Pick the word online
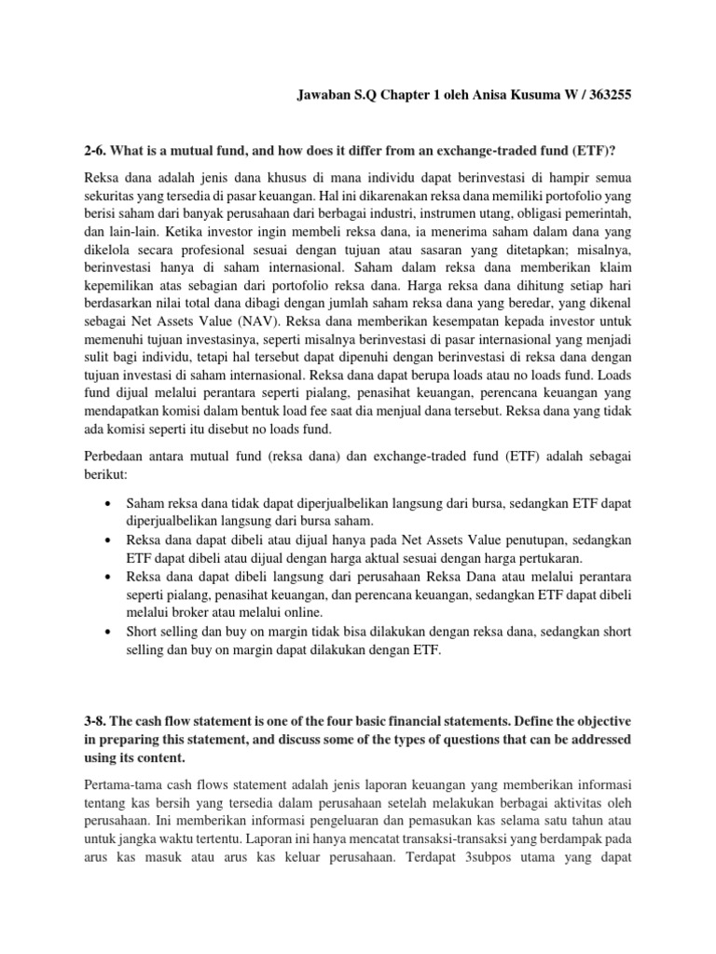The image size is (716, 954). (300, 613)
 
